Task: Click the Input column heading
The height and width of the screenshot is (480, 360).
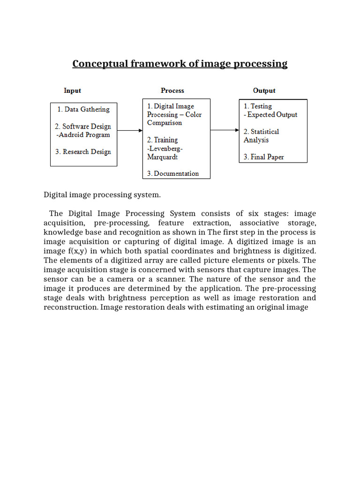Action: (72, 90)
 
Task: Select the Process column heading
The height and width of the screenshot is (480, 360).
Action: (172, 90)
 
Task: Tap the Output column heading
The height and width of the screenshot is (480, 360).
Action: (264, 90)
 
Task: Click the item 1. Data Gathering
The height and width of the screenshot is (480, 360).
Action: (83, 109)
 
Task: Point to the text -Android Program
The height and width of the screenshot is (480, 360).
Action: (82, 135)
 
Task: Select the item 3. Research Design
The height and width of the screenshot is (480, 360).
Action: (83, 152)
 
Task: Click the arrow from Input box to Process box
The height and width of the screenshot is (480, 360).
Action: (129, 131)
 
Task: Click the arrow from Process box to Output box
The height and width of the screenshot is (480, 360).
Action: (225, 130)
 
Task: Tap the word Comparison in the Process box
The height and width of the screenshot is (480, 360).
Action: (165, 123)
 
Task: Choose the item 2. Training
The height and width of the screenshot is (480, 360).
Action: (162, 140)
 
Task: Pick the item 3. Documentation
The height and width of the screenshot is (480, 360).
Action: (172, 173)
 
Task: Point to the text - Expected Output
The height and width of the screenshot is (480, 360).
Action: (270, 115)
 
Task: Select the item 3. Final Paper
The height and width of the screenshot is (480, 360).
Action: (263, 157)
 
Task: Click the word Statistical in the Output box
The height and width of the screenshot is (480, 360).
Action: (264, 132)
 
